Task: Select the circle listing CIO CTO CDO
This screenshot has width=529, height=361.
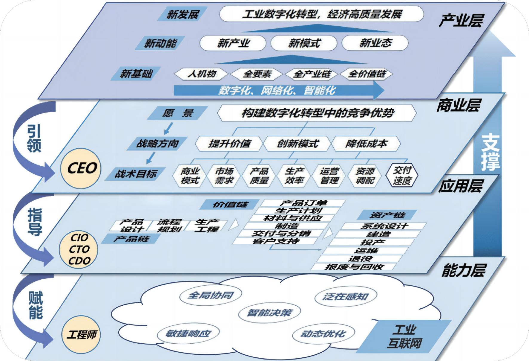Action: pos(79,249)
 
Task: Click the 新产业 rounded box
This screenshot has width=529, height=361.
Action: pos(233,43)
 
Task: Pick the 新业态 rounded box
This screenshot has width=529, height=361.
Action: pos(375,43)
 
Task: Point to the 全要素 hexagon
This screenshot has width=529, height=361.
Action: pos(257,74)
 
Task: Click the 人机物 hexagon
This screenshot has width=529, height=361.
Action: pos(201,74)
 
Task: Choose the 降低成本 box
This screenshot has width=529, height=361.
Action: pos(366,144)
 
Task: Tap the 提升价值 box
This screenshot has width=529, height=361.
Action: pos(229,144)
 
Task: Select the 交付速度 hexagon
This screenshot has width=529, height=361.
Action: pos(402,176)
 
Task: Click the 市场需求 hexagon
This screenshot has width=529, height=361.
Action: pos(224,176)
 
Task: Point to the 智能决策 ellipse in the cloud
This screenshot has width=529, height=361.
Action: pos(269,313)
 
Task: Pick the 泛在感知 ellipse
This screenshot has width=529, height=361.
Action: pos(345,296)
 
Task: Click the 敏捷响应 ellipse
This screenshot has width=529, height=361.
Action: pos(188,333)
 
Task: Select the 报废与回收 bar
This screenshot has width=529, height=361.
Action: pos(354,267)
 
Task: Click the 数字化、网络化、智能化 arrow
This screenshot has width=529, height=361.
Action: pos(278,90)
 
